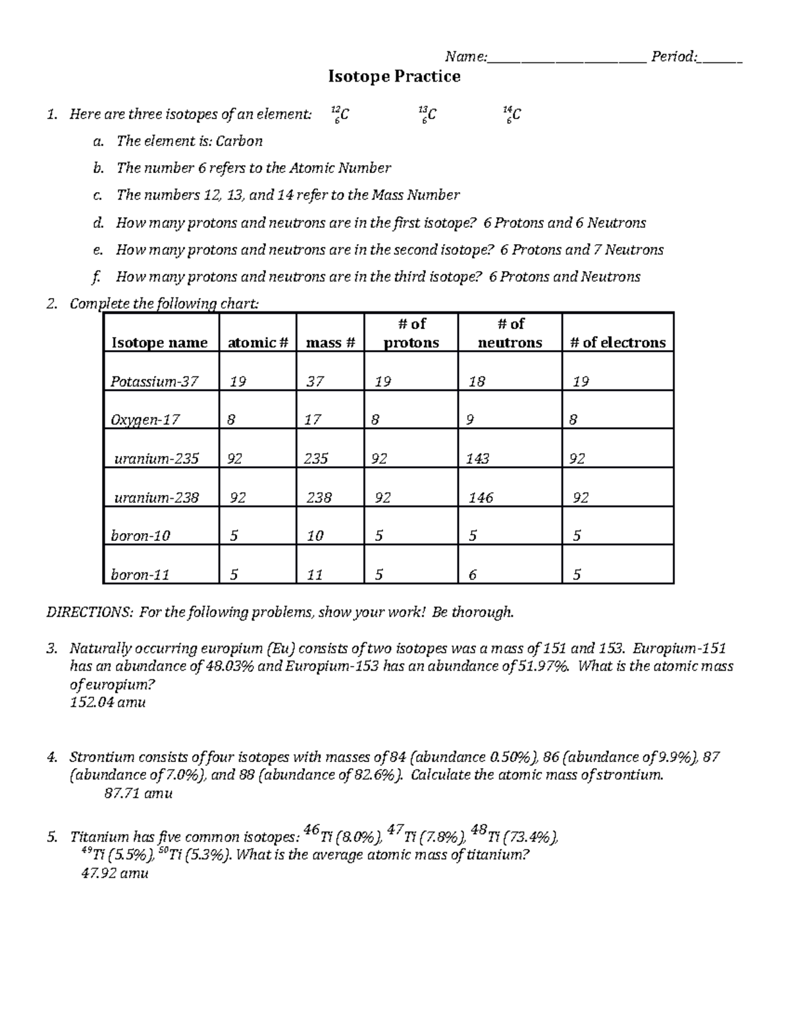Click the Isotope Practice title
[x=394, y=77]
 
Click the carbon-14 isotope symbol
[x=512, y=115]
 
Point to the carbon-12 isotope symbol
[x=340, y=115]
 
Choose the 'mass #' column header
[x=330, y=342]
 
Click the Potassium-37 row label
[x=154, y=381]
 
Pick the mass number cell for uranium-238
[x=319, y=498]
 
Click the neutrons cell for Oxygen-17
[x=469, y=419]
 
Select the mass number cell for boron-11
[x=315, y=575]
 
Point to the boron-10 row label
[x=140, y=536]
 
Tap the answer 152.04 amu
[x=107, y=702]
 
